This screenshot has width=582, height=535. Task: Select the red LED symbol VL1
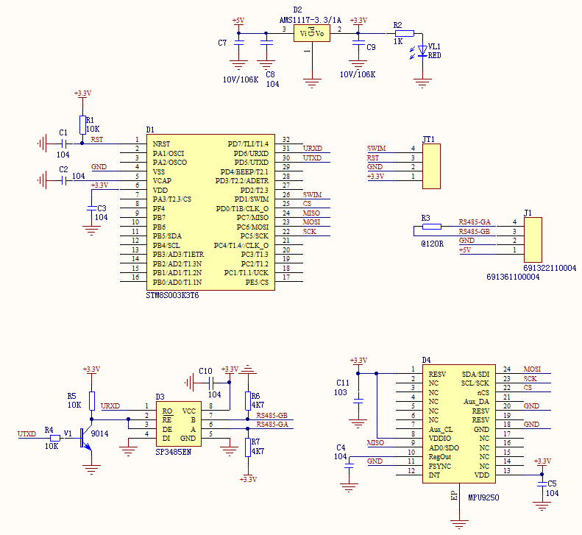coord(422,51)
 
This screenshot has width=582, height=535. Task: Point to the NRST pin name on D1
coord(161,144)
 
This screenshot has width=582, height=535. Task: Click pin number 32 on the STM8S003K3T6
coord(286,140)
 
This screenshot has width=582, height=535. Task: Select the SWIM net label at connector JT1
coord(376,149)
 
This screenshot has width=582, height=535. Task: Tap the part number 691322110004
coord(550,268)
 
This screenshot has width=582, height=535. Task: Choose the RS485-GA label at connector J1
coord(475,222)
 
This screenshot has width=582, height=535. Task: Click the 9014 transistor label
coord(99,433)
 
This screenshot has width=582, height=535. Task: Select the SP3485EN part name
coord(174,452)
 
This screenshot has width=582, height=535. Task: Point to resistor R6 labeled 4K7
coord(248,400)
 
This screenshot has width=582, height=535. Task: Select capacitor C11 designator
coord(342,383)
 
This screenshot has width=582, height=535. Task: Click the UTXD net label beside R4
coord(27,434)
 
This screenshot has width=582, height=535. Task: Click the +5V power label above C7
coord(238,21)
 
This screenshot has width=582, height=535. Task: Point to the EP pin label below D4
coord(453,497)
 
